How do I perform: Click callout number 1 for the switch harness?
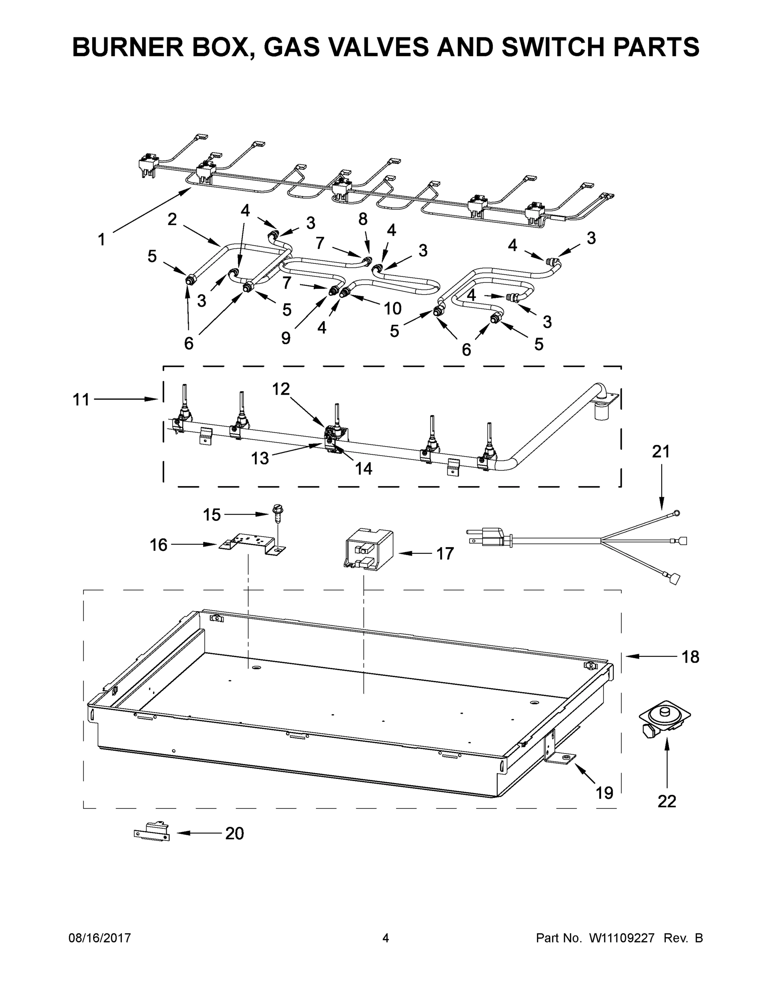pos(101,239)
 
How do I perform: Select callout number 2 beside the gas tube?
pos(172,220)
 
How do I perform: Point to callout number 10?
pos(392,309)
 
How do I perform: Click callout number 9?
pos(286,338)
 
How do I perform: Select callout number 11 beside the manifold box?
pos(81,400)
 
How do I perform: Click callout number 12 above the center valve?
pos(281,389)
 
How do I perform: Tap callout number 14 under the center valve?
pos(364,468)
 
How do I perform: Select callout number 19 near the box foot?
pos(604,793)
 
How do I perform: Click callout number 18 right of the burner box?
pos(690,657)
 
